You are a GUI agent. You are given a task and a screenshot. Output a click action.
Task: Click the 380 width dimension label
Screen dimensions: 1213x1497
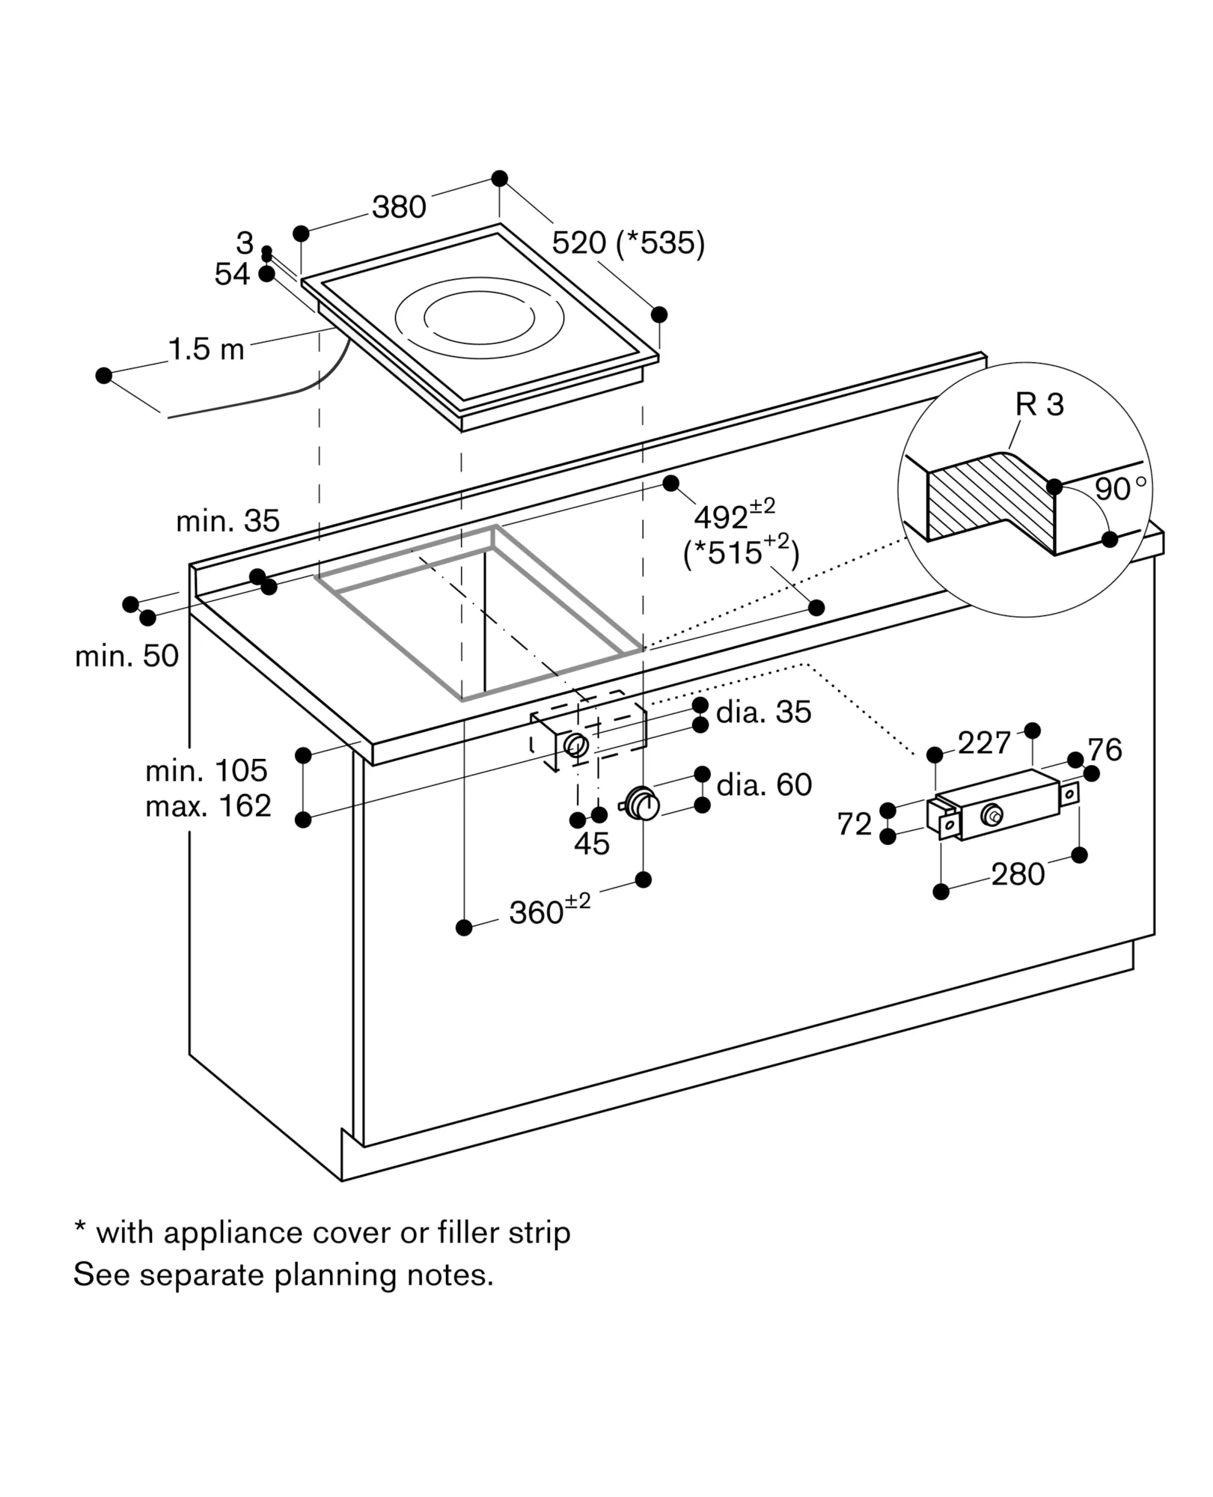coord(399,207)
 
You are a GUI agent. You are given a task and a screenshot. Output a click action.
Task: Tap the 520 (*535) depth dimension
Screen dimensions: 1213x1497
coord(629,243)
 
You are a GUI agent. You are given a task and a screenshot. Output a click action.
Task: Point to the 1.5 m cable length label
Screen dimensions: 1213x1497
coord(207,350)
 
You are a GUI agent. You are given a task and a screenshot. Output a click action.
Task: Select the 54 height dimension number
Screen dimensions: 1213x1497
coord(232,275)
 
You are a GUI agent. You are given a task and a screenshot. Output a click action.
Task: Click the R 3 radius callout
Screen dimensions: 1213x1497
coord(1039,405)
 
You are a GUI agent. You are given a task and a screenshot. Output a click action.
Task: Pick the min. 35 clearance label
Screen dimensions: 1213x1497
coord(227,521)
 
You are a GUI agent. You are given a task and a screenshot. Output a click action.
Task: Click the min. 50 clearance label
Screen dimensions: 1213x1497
coord(127,656)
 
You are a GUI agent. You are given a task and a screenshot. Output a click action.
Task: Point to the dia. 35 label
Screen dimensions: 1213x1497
coord(764,713)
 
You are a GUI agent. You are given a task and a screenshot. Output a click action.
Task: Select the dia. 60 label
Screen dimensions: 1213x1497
coord(764,785)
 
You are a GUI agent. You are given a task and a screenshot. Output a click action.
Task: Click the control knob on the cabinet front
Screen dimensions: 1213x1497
coord(641,803)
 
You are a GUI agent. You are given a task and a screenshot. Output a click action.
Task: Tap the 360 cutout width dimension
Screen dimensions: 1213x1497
coord(550,910)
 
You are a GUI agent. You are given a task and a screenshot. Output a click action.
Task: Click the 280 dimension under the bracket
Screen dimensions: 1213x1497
coord(1018,874)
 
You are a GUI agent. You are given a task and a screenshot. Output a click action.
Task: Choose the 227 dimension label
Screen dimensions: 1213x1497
coord(984,743)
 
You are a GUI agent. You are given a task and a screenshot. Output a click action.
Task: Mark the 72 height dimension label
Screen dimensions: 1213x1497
coord(855,824)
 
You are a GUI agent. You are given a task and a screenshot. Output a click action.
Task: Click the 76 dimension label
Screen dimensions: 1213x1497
coord(1105,749)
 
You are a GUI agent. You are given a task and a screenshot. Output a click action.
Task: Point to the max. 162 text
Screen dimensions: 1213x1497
coord(208,806)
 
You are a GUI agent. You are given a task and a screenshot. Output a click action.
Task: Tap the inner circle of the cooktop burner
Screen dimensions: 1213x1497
coord(479,318)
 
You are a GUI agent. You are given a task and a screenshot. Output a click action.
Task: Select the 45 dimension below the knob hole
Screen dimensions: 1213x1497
coord(592,844)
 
